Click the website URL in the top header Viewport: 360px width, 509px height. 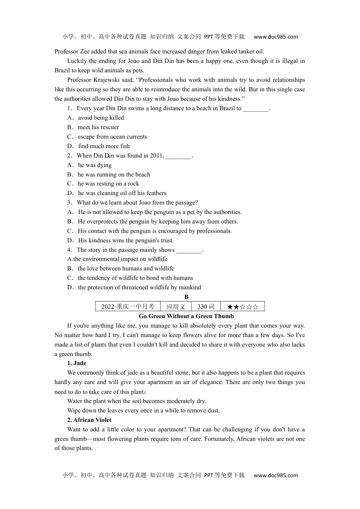pos(275,37)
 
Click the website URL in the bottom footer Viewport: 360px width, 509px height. pos(275,475)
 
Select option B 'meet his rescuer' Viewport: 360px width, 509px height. pos(98,127)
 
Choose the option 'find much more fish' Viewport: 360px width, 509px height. pos(103,146)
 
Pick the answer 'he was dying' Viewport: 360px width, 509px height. pos(95,165)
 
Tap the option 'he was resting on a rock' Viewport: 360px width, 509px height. pos(108,184)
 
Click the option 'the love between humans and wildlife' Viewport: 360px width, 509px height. pos(126,269)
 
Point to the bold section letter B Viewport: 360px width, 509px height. pos(186,297)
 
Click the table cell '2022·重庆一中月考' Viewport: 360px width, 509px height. pos(128,306)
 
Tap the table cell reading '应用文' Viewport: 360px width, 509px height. pos(176,306)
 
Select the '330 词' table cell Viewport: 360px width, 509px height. pos(206,306)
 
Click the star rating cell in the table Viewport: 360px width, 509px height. pos(243,306)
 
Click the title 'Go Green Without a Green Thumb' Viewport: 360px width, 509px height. pos(186,316)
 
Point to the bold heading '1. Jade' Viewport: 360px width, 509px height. pos(77,363)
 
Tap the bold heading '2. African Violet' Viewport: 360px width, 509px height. pos(89,420)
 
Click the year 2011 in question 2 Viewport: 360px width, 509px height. pos(156,156)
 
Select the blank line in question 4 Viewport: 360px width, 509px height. pos(189,250)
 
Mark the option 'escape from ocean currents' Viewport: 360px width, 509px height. pos(112,137)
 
